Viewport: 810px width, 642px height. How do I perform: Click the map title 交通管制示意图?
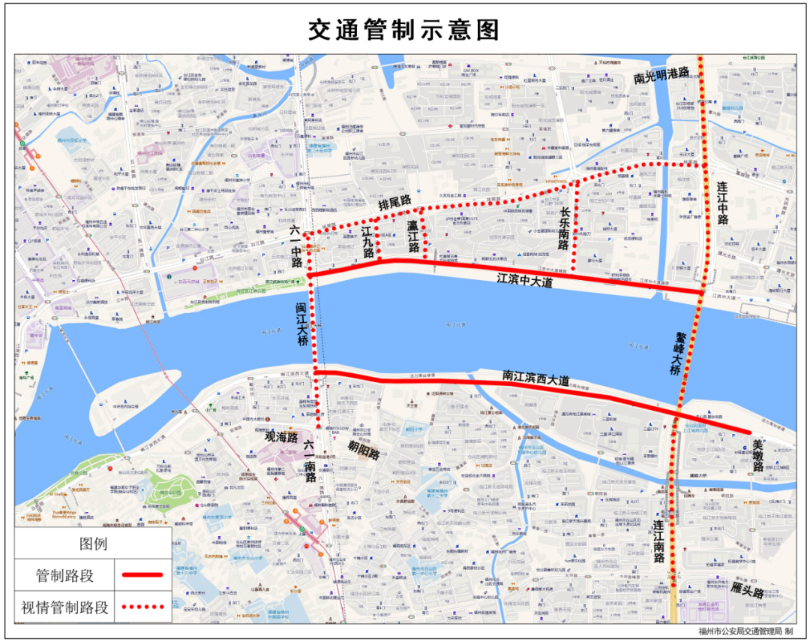coord(404,29)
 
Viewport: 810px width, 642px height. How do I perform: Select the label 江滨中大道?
coord(528,279)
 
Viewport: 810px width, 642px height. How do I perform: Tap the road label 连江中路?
coord(722,203)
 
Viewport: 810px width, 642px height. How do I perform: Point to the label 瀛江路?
coord(412,236)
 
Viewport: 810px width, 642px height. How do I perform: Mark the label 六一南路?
coord(310,460)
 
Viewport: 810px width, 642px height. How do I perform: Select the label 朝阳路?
coord(363,450)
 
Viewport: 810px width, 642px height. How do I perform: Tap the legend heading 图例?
coord(94,544)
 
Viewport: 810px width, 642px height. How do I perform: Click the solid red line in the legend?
coord(139,575)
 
